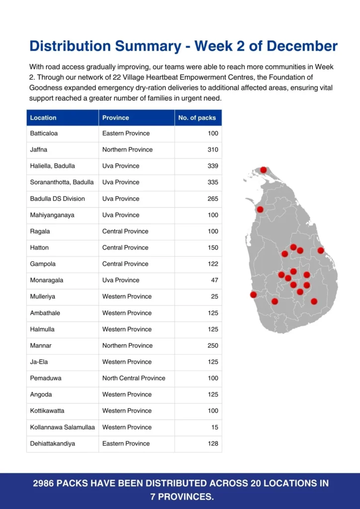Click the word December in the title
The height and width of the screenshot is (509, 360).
(302, 46)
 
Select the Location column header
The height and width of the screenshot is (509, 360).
(43, 118)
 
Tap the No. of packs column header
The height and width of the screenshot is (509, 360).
(197, 118)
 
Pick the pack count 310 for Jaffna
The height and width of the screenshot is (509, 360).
(213, 150)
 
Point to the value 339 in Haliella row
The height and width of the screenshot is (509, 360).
(213, 166)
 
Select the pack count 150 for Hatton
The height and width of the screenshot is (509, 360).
(213, 248)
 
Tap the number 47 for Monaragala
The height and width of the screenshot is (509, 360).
(214, 280)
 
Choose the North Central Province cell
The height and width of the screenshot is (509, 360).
(134, 378)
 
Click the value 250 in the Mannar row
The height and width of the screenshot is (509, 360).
(213, 345)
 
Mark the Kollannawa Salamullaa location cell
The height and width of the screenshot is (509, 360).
(63, 427)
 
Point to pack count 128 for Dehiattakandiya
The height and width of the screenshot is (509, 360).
(213, 443)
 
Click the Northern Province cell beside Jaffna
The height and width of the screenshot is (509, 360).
(127, 150)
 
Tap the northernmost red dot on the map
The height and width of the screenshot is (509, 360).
(264, 170)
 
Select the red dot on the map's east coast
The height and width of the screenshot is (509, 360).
(321, 251)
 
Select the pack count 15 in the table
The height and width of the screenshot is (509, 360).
(215, 427)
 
